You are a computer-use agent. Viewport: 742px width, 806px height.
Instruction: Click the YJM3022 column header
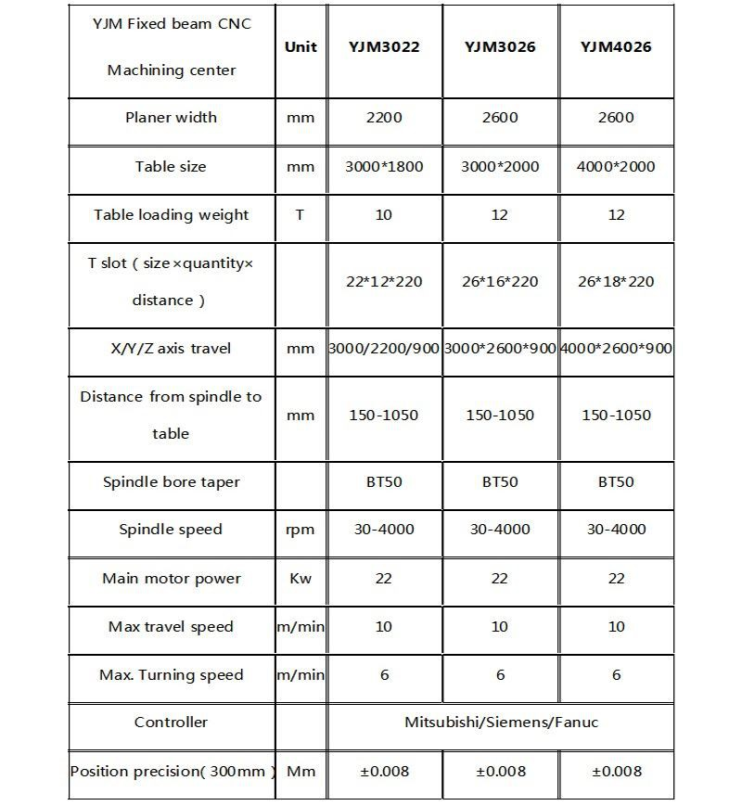(384, 47)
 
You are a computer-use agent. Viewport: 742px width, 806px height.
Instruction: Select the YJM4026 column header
(616, 47)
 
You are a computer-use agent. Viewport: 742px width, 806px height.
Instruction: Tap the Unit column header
(301, 47)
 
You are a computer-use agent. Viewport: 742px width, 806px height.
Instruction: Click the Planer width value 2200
(384, 118)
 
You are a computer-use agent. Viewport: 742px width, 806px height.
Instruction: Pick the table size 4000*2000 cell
(616, 167)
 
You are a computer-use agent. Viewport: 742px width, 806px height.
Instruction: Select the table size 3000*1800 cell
(384, 167)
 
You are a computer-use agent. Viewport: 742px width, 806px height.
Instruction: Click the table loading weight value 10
(384, 215)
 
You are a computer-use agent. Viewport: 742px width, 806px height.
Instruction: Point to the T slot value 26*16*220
(500, 282)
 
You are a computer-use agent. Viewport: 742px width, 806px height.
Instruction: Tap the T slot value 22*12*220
(384, 282)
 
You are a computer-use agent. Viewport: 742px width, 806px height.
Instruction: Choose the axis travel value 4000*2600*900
(616, 349)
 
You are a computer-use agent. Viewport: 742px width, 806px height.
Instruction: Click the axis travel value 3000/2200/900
(384, 349)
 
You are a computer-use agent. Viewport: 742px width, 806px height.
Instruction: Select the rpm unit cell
(301, 530)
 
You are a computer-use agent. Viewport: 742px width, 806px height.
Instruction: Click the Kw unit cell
(301, 579)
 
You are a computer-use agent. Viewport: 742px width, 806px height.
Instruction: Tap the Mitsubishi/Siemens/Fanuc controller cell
(501, 723)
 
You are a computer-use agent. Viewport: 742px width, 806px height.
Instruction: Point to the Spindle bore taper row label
(172, 482)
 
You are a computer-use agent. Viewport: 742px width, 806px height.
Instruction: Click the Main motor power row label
(172, 579)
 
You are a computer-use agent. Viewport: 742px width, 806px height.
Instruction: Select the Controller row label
(172, 723)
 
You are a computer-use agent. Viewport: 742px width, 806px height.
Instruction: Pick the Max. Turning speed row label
(172, 675)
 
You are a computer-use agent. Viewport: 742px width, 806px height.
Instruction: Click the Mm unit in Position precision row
(301, 771)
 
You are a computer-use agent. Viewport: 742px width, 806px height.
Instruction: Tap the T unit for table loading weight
(300, 215)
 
